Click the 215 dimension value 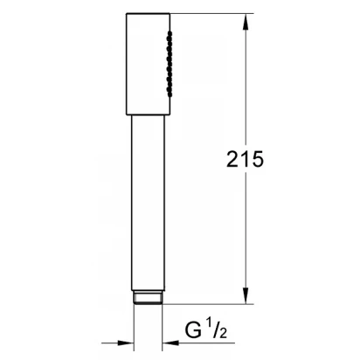coord(245,159)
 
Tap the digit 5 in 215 coord(256,159)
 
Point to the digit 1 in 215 coord(244,159)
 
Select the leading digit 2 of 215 coord(232,159)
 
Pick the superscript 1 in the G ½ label coord(209,323)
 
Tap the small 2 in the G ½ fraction coord(223,334)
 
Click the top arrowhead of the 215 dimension coord(246,22)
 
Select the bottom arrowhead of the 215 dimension coord(246,295)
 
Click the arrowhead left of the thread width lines coord(126,343)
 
